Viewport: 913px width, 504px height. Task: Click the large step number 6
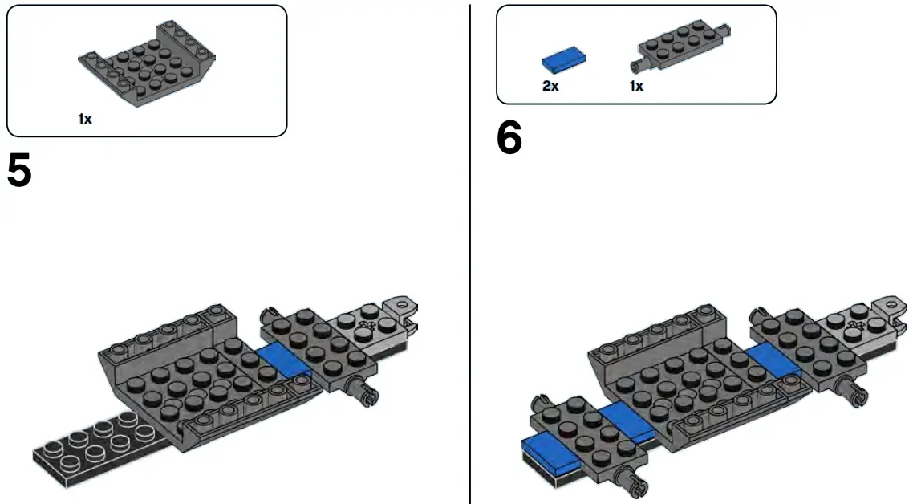[509, 139]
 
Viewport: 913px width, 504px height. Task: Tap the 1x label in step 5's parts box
[85, 119]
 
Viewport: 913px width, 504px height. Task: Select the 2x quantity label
[550, 86]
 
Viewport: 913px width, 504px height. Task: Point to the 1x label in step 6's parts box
[636, 86]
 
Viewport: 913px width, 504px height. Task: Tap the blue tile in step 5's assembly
[284, 361]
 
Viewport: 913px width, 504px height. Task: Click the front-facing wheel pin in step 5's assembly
[361, 392]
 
